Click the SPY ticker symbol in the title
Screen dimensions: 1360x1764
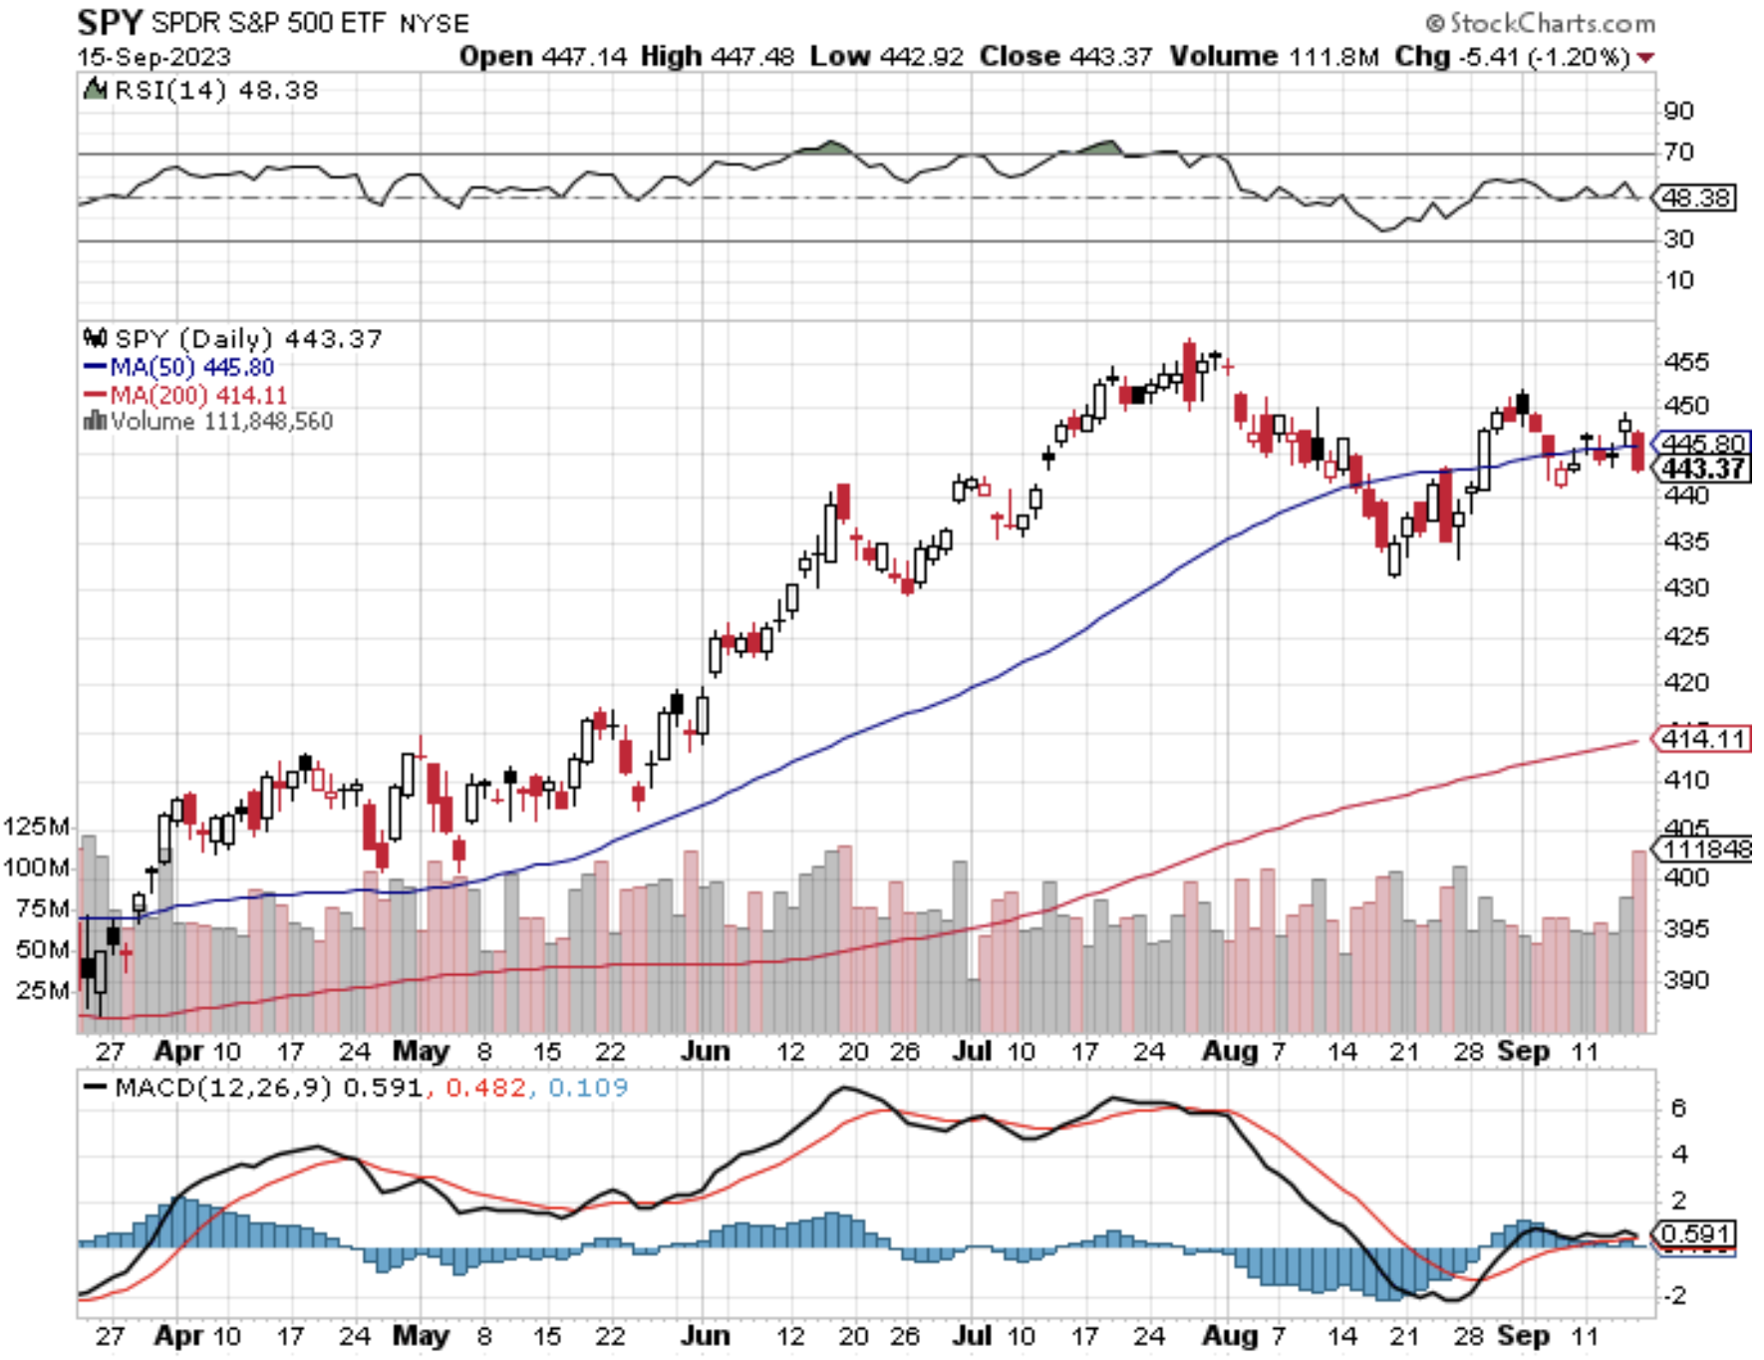110,21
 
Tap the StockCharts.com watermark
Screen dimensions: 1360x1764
1540,23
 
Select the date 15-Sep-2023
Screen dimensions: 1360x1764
153,57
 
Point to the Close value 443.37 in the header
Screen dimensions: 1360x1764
1110,57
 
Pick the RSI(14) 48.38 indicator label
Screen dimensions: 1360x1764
215,91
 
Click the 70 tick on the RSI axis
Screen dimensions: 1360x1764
1678,153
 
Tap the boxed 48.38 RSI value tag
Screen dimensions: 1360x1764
1695,197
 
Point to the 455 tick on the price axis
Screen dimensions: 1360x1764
1685,361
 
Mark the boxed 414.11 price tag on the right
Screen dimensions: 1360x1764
1702,739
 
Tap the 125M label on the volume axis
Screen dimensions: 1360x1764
37,826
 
